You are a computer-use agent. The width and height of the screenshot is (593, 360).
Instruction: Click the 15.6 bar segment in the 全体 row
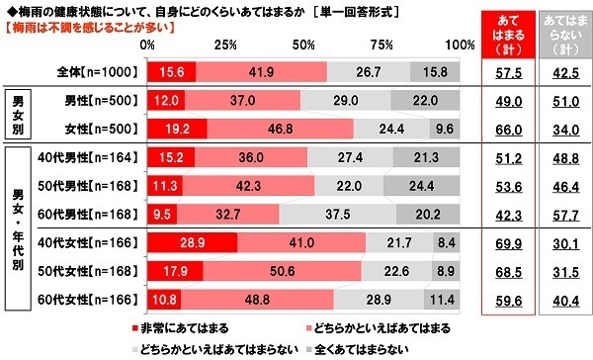pyautogui.click(x=171, y=72)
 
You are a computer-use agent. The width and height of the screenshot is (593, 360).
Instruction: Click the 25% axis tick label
pyautogui.click(x=225, y=45)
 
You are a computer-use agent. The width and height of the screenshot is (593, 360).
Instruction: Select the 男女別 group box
pyautogui.click(x=21, y=114)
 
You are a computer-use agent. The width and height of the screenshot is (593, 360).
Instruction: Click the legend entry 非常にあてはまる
pyautogui.click(x=178, y=327)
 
